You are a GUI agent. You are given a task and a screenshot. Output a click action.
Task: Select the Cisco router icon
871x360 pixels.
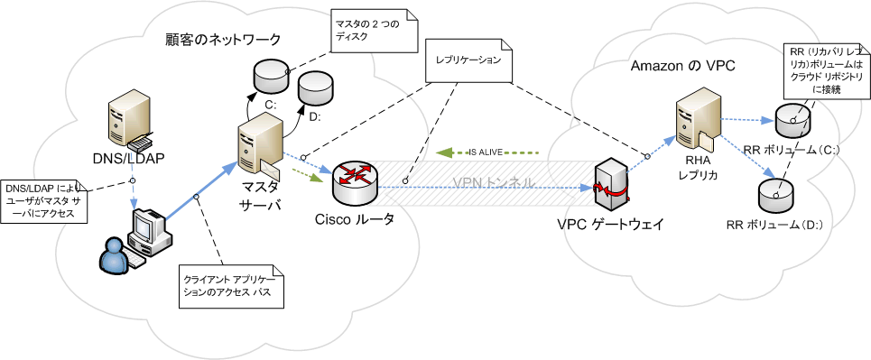click(x=354, y=184)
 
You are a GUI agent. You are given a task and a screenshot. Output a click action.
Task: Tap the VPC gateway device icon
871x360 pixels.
click(x=610, y=187)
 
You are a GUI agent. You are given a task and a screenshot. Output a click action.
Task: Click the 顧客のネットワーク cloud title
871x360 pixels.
click(x=223, y=40)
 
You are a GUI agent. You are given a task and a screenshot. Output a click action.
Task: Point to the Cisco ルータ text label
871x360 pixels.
click(x=355, y=219)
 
